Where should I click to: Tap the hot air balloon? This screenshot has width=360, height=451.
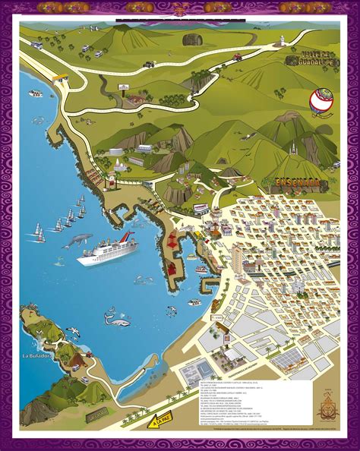[320, 102]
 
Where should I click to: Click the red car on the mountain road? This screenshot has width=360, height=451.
[238, 56]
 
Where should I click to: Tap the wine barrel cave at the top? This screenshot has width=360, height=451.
[192, 39]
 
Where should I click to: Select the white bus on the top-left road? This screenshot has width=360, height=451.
[36, 45]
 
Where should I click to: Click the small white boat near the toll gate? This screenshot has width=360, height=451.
[35, 93]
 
